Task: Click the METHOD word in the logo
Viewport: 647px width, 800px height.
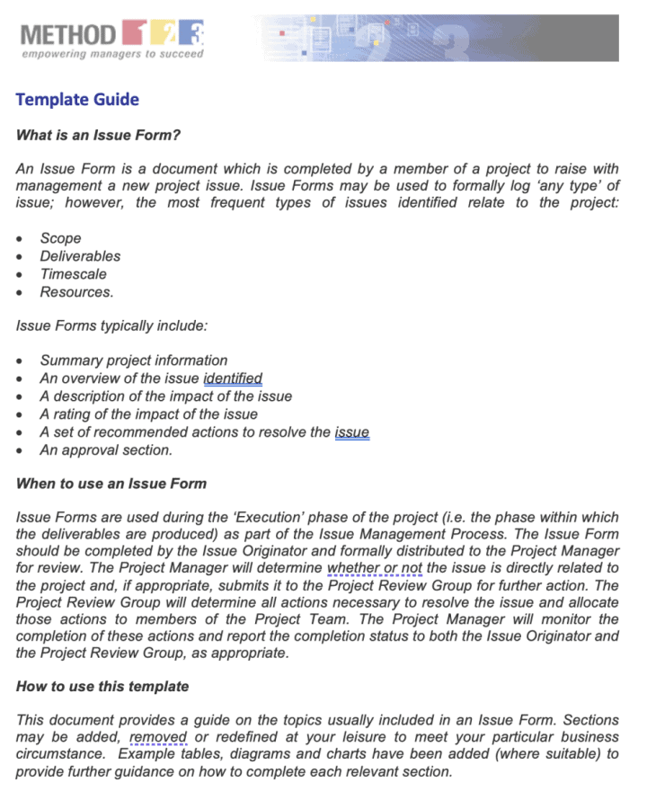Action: (68, 35)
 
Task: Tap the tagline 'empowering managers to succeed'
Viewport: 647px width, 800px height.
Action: (112, 54)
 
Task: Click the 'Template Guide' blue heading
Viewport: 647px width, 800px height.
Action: (77, 99)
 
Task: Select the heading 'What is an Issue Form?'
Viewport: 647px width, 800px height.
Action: (99, 136)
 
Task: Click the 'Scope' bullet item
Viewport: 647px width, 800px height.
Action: (60, 238)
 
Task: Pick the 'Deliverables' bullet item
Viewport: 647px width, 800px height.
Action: (80, 256)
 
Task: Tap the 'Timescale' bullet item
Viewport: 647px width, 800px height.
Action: (73, 274)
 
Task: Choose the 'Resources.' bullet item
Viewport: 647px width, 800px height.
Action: (76, 292)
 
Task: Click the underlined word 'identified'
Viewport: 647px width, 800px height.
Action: (233, 378)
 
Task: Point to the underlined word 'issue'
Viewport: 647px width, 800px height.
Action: (351, 432)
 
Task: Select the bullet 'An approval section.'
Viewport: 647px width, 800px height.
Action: (106, 450)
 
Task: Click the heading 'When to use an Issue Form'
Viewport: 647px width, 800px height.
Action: (111, 484)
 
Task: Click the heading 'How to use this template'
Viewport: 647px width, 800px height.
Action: (102, 687)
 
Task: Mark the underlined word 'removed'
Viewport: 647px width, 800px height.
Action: (157, 738)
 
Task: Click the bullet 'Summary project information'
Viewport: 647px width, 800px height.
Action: (134, 360)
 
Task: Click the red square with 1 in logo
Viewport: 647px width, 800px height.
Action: (131, 34)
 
